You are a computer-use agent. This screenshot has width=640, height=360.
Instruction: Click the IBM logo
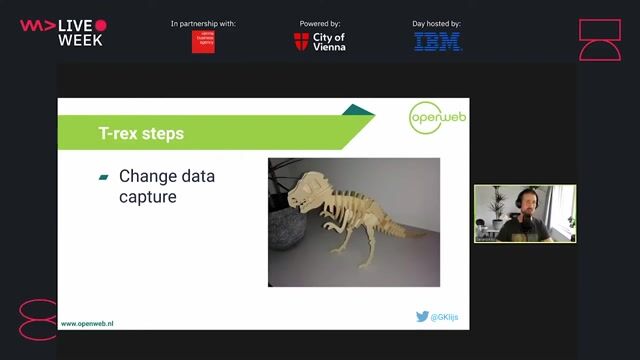point(438,42)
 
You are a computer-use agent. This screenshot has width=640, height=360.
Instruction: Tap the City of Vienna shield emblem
point(301,42)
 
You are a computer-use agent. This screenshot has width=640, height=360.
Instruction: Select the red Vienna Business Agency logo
point(203,42)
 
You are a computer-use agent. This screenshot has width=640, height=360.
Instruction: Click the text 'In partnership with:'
point(203,23)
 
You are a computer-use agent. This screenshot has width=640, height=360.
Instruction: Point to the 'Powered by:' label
point(320,23)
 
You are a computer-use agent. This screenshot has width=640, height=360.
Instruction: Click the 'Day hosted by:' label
point(437,23)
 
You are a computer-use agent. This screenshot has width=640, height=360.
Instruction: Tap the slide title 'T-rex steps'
point(140,132)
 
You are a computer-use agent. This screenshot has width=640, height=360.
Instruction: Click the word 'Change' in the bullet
point(147,177)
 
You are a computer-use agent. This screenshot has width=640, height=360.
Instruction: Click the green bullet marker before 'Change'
point(103,178)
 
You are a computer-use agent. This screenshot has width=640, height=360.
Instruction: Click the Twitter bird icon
point(422,316)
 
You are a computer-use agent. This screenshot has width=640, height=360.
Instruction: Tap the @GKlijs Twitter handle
point(445,317)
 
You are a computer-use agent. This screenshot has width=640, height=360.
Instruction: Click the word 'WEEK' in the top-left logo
point(80,40)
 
